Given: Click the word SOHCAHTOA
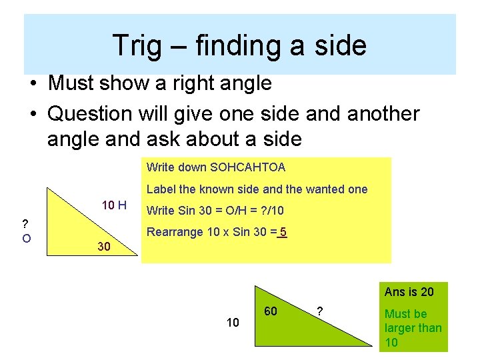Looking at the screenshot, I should (247, 167).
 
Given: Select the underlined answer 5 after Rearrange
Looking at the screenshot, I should (283, 233).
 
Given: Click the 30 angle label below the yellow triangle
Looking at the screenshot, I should (103, 247).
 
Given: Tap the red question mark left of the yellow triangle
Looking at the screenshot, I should (25, 223).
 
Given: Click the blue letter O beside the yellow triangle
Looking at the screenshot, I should (26, 237).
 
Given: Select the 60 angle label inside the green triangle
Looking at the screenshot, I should (271, 311).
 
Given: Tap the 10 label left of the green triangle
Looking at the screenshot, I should (233, 323).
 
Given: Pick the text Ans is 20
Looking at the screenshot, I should (409, 292).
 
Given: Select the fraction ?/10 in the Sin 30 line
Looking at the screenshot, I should (271, 211).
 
